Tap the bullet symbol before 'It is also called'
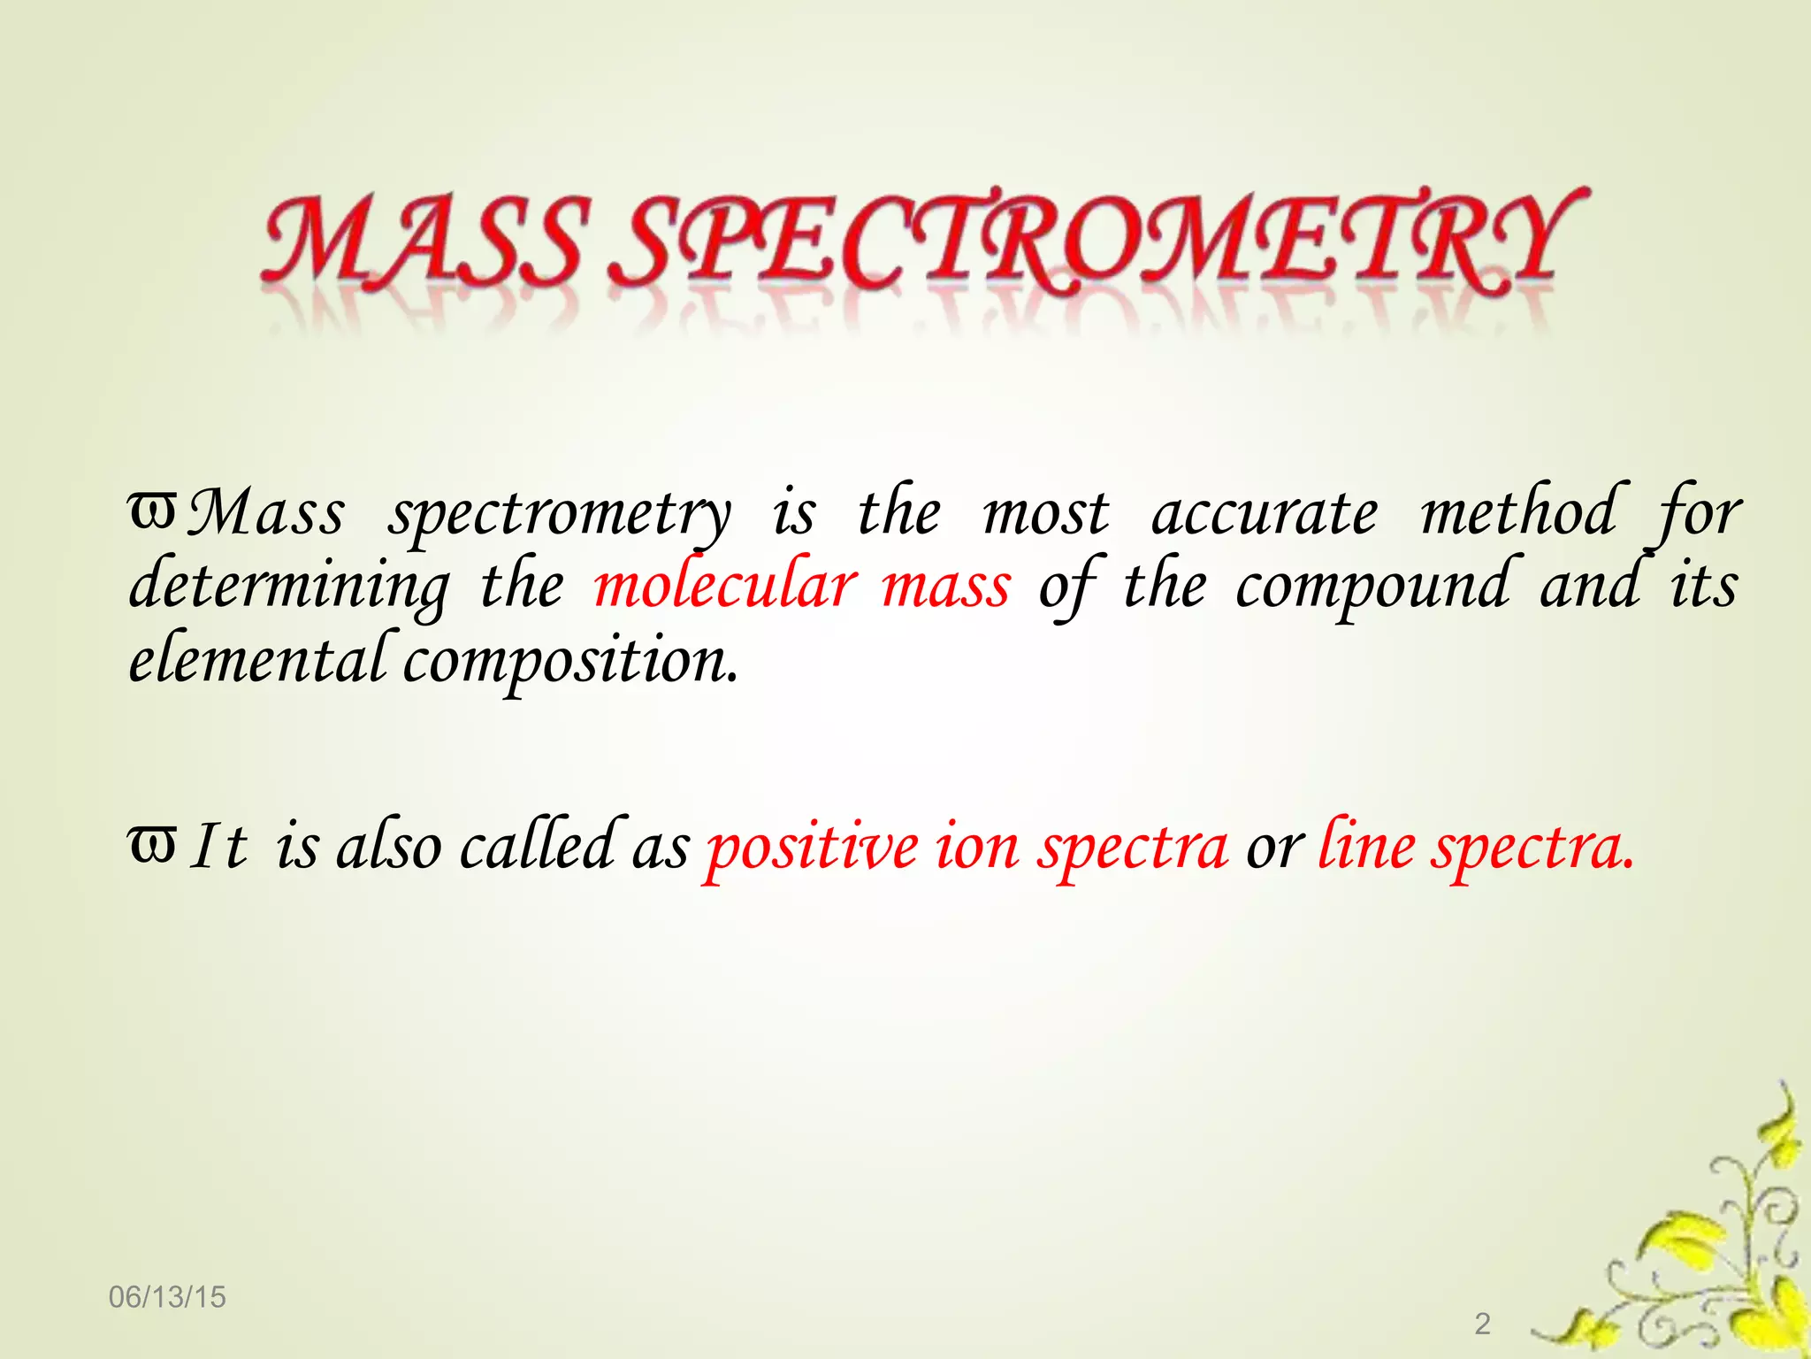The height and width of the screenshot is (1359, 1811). [152, 843]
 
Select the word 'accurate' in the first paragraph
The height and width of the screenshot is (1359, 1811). [1265, 514]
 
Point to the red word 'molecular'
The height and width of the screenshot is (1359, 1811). [725, 586]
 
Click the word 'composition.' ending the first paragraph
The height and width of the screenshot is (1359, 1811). [570, 662]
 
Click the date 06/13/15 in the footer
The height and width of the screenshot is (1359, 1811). [167, 1297]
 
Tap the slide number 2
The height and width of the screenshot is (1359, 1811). [1483, 1324]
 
